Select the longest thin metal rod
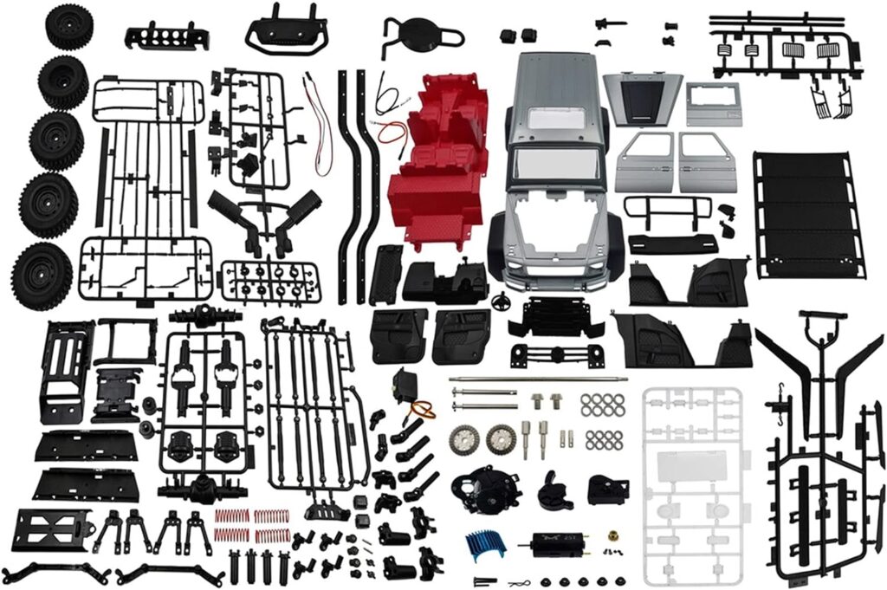[x=537, y=379]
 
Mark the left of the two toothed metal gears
[x=465, y=439]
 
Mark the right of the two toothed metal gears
[x=500, y=438]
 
